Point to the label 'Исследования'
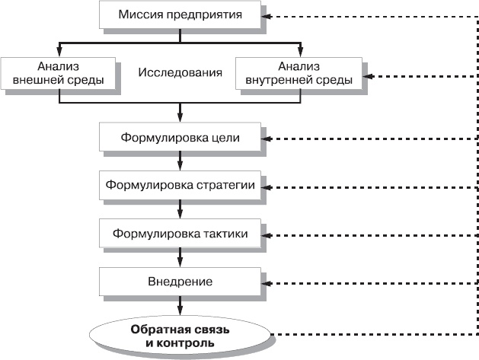coord(180,73)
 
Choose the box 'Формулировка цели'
coord(180,138)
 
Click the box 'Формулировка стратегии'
coord(180,185)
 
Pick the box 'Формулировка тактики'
coord(180,233)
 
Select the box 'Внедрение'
coord(180,282)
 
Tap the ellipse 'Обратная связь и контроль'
coord(180,336)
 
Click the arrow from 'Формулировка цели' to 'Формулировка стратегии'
coord(180,161)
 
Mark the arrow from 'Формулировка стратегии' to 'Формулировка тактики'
coord(180,209)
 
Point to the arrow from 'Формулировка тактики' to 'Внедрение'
coord(180,257)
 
